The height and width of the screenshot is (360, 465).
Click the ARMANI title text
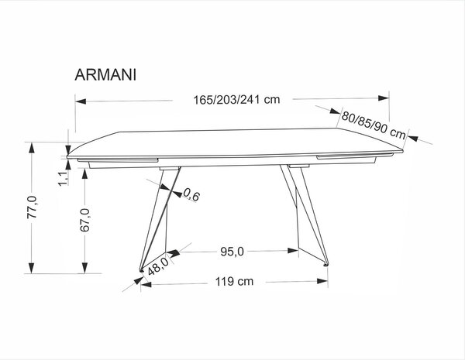(105, 74)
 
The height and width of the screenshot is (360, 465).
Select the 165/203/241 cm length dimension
(236, 100)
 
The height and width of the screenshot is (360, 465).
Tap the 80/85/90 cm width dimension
(374, 125)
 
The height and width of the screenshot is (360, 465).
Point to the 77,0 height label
(32, 207)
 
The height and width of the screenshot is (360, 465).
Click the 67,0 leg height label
(84, 220)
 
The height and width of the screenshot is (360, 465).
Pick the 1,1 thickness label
(64, 179)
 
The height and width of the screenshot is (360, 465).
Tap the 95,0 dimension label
(232, 252)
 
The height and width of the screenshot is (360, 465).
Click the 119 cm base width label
(234, 281)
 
